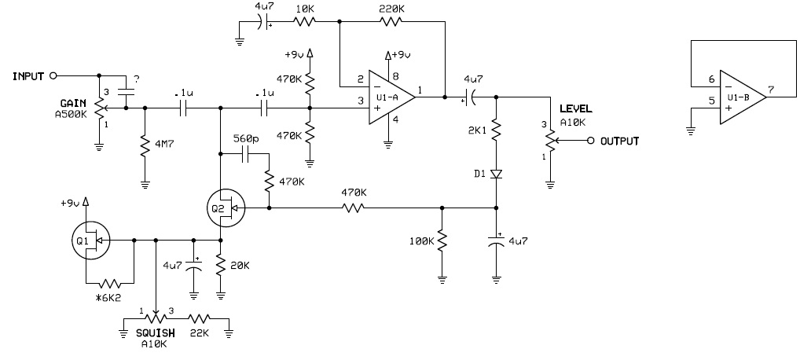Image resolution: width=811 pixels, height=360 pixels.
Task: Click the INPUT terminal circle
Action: click(53, 76)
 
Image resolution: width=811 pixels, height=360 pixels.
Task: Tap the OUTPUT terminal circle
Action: click(591, 141)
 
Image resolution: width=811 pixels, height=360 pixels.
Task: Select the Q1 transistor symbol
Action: click(91, 241)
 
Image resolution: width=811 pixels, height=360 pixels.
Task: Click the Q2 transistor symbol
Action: click(225, 208)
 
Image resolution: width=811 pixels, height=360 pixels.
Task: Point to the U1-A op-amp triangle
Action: click(391, 97)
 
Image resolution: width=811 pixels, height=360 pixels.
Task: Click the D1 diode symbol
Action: click(497, 174)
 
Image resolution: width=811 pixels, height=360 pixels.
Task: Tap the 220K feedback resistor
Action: click(391, 21)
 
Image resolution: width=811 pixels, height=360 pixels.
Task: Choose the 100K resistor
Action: click(442, 241)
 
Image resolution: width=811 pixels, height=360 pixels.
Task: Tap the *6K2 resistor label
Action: click(105, 298)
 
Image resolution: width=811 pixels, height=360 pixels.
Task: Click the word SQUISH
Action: click(156, 333)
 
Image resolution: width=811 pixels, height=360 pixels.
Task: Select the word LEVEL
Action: click(576, 109)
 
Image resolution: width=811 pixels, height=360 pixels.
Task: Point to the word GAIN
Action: click(73, 102)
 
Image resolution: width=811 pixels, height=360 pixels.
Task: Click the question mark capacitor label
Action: click(136, 80)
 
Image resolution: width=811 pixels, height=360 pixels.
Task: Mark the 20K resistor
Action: click(221, 266)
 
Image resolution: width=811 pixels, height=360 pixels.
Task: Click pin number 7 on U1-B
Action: click(771, 90)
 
